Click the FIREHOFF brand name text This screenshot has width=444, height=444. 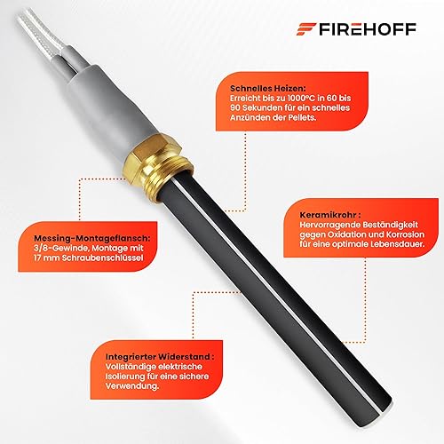[x=368, y=29]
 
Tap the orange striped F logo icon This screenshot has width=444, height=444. [x=306, y=29]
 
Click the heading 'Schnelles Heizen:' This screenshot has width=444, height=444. [x=268, y=88]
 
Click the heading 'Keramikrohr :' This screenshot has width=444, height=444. [x=330, y=215]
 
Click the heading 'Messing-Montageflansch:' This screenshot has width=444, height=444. [x=92, y=238]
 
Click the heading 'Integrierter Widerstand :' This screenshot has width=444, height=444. [x=160, y=357]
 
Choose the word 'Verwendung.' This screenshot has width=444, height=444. [x=132, y=386]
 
